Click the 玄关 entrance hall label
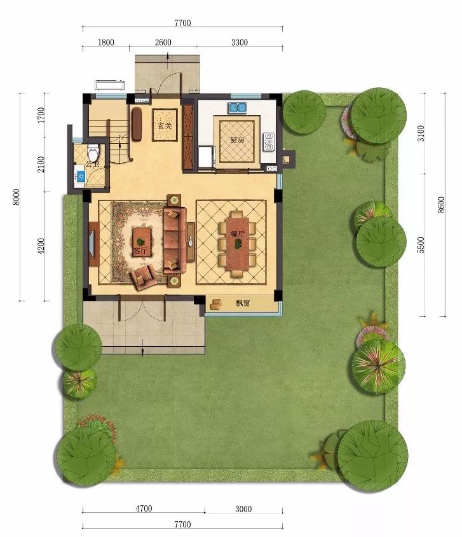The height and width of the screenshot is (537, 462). (164, 126)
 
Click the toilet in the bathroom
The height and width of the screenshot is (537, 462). (93, 153)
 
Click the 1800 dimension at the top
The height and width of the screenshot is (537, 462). (105, 43)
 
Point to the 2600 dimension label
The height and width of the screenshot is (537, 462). (163, 43)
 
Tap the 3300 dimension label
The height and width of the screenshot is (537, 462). (239, 43)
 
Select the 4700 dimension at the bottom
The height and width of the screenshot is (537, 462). (143, 508)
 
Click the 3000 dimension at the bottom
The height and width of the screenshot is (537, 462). (243, 508)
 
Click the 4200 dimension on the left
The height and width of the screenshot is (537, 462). (41, 247)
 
